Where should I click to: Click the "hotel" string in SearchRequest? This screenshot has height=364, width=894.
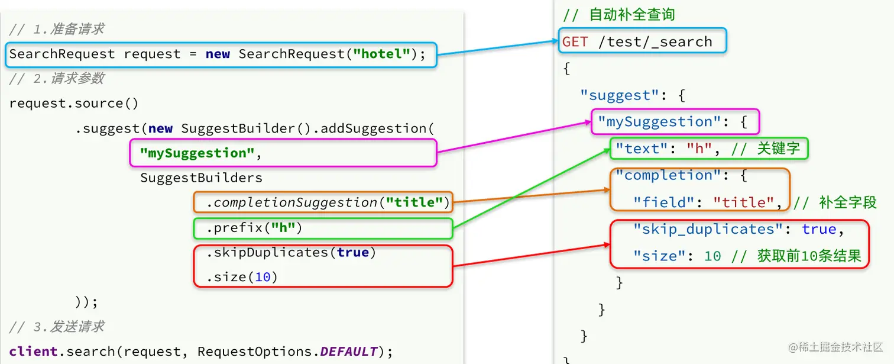click(381, 54)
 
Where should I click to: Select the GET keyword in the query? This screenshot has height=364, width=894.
click(575, 42)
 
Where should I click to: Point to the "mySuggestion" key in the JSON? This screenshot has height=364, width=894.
click(655, 122)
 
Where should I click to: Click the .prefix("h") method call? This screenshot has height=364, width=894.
click(254, 228)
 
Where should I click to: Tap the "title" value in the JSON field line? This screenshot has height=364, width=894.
click(743, 202)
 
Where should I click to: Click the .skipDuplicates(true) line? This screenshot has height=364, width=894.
click(291, 253)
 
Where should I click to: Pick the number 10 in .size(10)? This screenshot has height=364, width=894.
click(263, 277)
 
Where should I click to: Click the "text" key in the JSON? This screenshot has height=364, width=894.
click(642, 149)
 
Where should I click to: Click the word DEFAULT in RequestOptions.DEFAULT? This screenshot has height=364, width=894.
click(348, 352)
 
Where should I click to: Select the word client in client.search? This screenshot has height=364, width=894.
click(35, 352)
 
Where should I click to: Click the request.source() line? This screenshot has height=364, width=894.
click(74, 104)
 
